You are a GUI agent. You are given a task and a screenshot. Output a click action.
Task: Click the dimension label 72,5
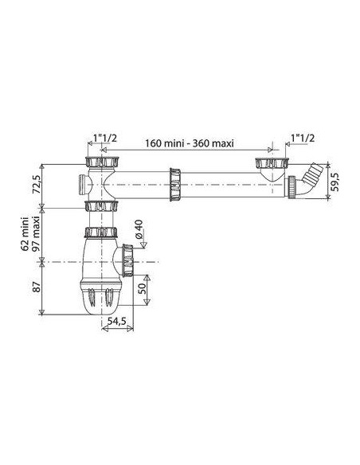click(x=37, y=185)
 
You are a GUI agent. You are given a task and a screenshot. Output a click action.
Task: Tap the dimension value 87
click(x=37, y=287)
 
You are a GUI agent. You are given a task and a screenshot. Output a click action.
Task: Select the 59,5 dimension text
click(x=336, y=182)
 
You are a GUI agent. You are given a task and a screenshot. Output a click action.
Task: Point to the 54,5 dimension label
click(x=117, y=321)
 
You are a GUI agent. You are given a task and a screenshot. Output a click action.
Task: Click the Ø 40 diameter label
click(x=139, y=229)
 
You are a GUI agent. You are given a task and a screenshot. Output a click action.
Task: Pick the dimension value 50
click(x=142, y=287)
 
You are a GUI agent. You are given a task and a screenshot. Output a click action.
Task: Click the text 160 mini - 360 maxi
click(x=190, y=143)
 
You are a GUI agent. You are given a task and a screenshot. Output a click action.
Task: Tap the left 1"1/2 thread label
click(x=105, y=138)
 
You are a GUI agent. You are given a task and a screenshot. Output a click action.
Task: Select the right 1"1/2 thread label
click(x=303, y=138)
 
